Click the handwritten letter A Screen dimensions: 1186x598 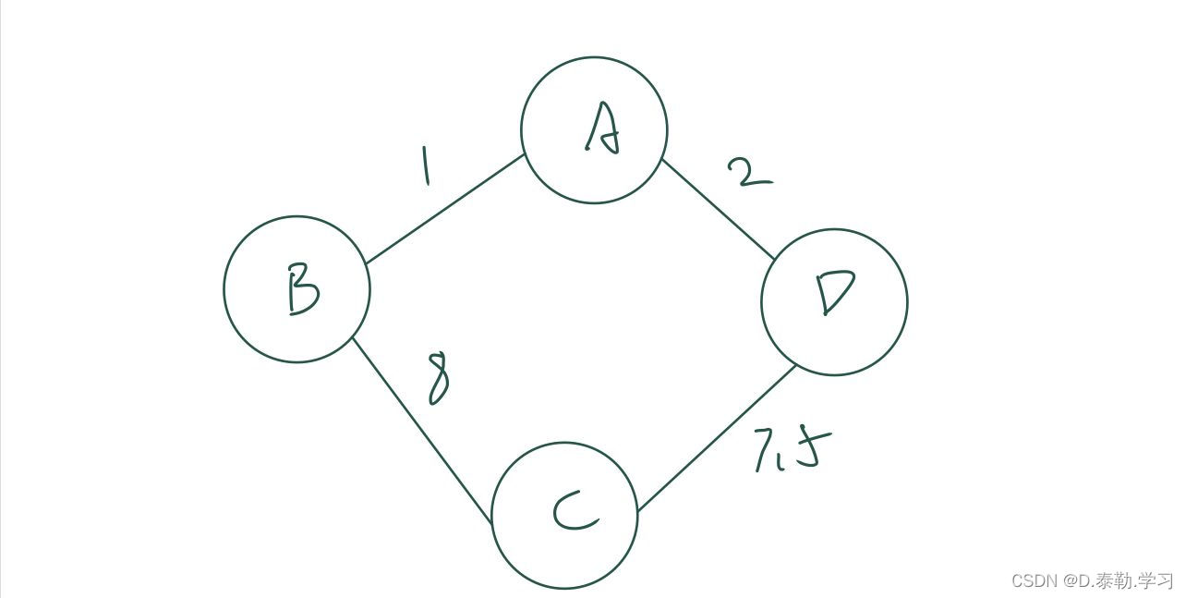601,128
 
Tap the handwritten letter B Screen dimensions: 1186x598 301,289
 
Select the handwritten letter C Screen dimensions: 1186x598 573,513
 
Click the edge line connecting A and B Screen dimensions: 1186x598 445,209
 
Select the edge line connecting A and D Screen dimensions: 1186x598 718,209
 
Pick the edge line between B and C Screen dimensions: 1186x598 421,429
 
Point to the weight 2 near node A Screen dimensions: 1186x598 748,172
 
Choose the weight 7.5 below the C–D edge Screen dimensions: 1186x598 787,449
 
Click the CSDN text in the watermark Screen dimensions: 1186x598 1034,581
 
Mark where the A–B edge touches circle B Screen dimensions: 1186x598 366,263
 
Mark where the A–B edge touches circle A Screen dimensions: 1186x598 526,154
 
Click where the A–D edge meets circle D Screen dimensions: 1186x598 774,260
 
